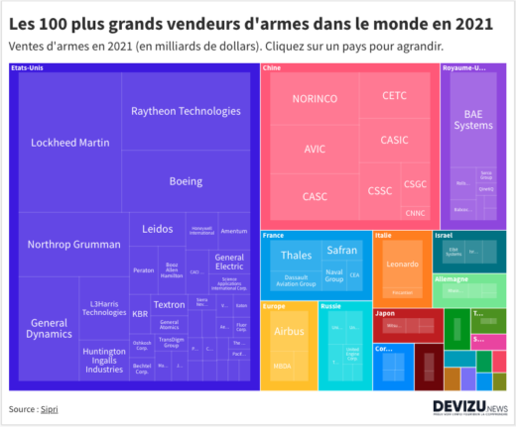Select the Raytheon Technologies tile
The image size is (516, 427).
186,112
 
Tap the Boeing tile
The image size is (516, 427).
186,180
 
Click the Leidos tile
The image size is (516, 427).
157,229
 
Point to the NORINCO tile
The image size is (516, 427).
315,100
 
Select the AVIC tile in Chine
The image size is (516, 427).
315,148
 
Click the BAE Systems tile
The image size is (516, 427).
472,119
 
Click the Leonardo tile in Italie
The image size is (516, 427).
401,266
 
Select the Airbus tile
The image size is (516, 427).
288,331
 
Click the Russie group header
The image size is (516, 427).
331,306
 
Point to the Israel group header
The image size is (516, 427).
444,235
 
